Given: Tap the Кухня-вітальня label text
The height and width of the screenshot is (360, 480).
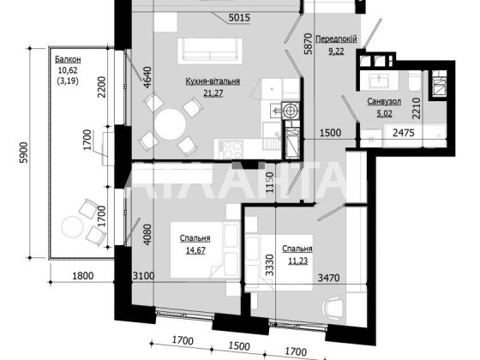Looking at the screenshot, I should [211, 81].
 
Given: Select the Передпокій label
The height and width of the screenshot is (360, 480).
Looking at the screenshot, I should [337, 39].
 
